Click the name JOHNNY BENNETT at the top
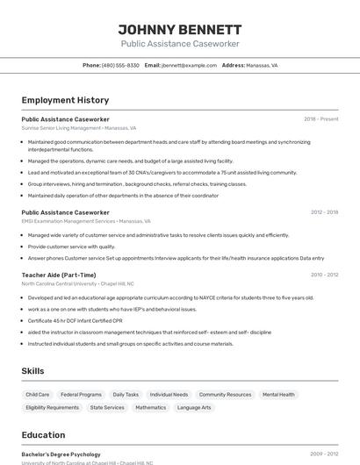pos(179,29)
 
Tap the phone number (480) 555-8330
pos(120,65)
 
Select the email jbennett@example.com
pos(189,65)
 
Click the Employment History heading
pos(65,101)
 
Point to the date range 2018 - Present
pos(320,118)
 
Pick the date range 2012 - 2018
pos(324,212)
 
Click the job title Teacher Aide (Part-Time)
pos(59,275)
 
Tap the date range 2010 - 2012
pos(324,275)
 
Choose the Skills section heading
pos(32,371)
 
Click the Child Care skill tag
pos(38,395)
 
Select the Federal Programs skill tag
pos(81,395)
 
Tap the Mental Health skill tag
pos(278,395)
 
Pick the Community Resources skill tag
pos(225,395)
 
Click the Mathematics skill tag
pos(150,407)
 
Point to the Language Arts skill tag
pos(194,407)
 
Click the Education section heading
pos(43,434)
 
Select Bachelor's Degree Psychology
pos(61,454)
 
